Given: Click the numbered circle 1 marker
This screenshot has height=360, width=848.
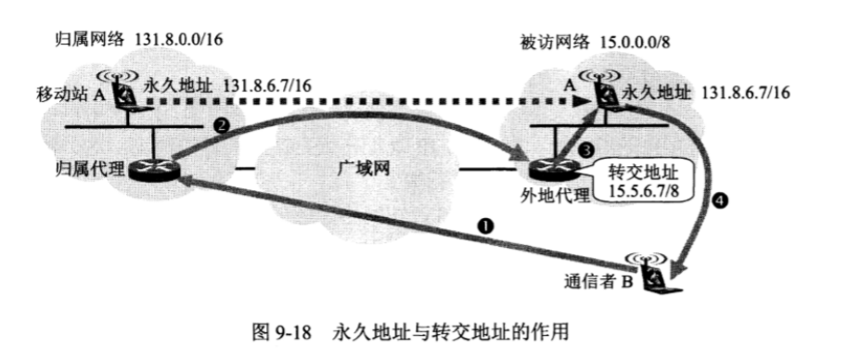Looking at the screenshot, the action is (x=482, y=225).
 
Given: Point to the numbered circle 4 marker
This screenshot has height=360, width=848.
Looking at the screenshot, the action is (x=722, y=199).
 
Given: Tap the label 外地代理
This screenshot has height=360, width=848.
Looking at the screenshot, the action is (x=540, y=197).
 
